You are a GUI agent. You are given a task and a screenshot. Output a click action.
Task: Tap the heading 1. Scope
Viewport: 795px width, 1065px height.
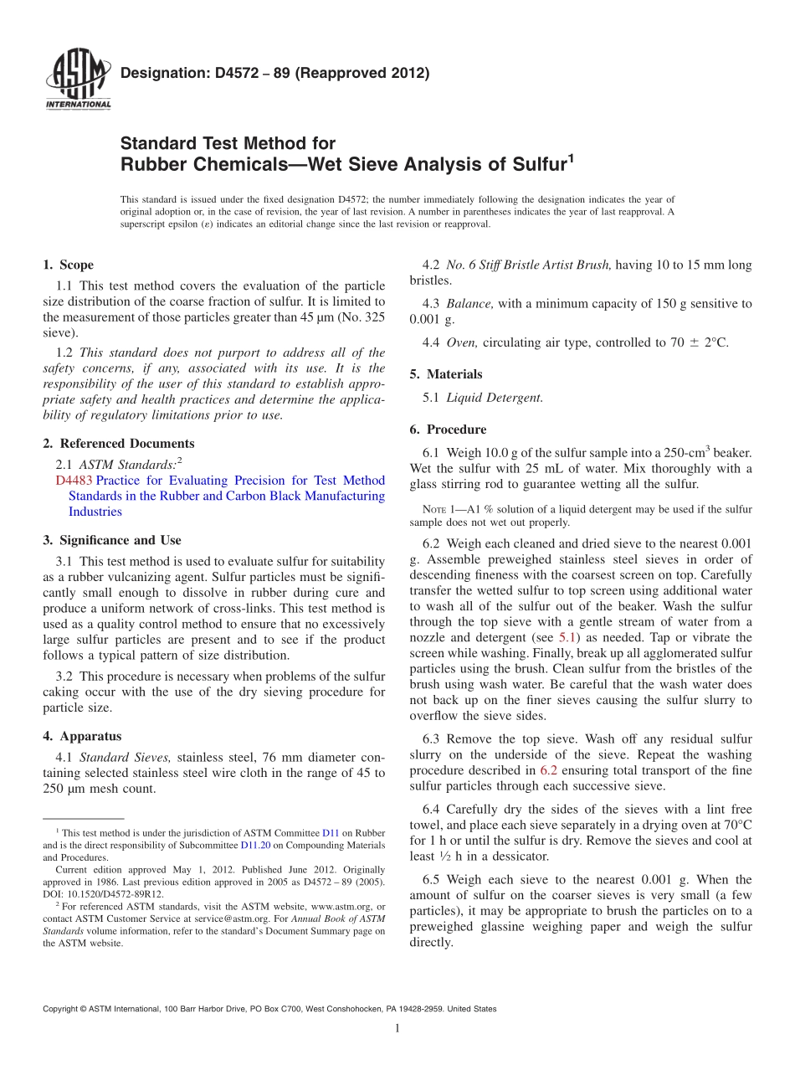(x=69, y=265)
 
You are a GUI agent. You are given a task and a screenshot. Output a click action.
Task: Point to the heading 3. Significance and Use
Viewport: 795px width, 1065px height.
(x=112, y=541)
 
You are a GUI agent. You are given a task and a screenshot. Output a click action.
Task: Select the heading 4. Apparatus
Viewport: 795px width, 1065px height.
(x=82, y=737)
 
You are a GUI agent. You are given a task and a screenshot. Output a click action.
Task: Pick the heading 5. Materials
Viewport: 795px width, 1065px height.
(x=446, y=374)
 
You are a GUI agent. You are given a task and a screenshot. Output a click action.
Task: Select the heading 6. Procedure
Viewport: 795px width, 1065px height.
(x=448, y=430)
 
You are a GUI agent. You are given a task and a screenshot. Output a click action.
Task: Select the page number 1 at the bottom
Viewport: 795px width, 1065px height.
(x=397, y=1029)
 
